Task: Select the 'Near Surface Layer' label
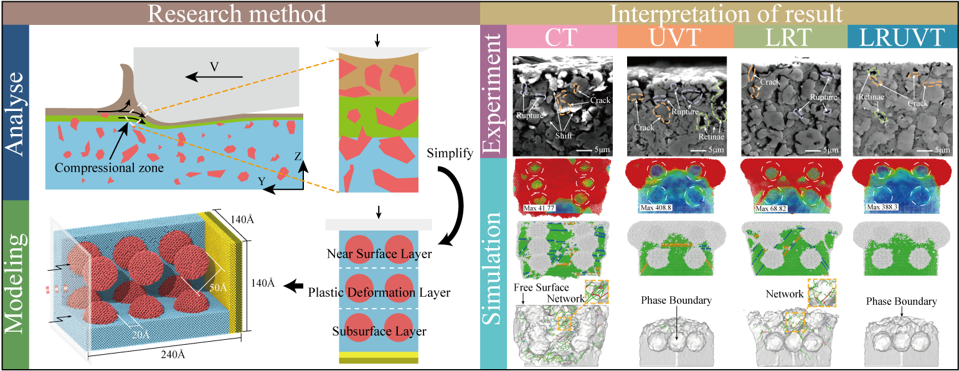[379, 254]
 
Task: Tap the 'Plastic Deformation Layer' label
[379, 292]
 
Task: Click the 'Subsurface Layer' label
[379, 331]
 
